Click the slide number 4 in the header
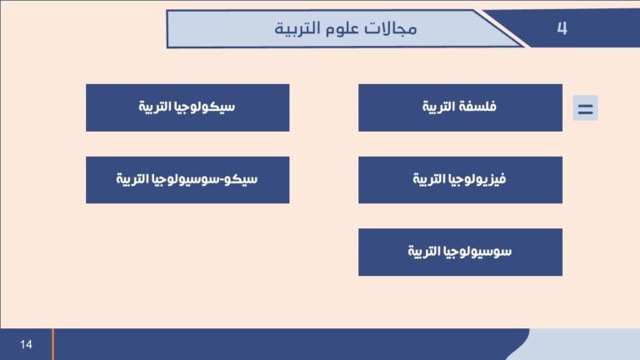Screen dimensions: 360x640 pos(562,28)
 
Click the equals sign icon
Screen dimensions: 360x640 pos(585,108)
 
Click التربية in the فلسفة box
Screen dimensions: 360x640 pos(437,107)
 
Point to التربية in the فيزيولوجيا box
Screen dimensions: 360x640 pos(431,179)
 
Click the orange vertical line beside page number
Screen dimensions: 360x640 pos(52,344)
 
